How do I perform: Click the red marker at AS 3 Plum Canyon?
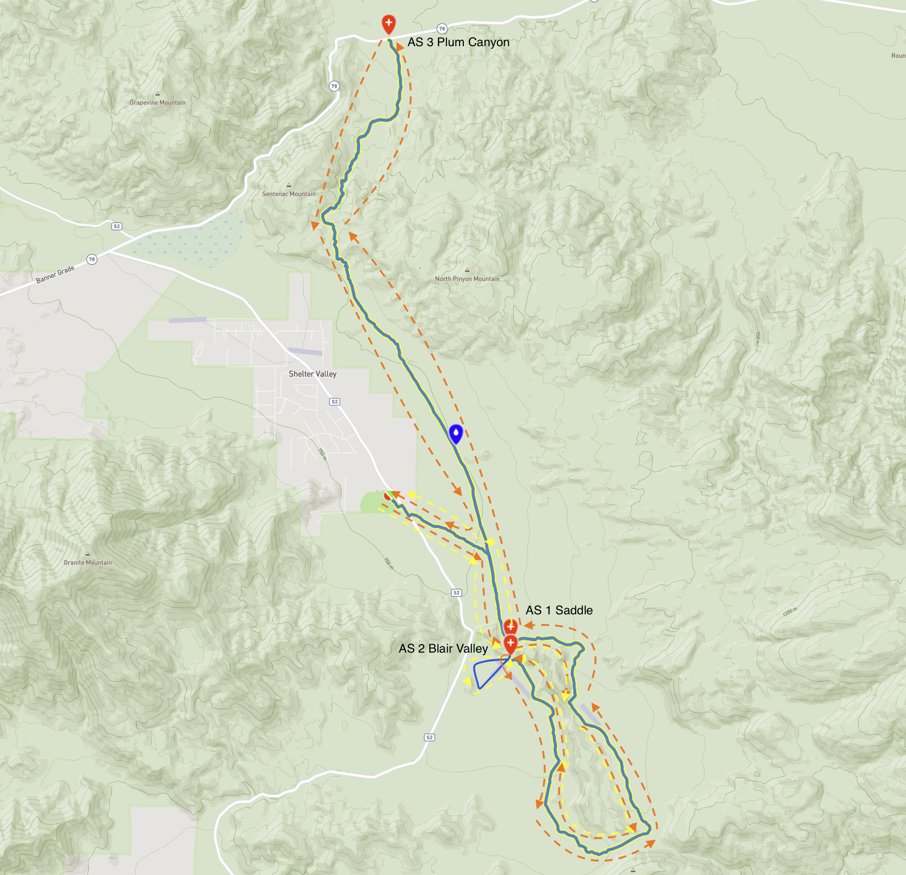click(x=389, y=24)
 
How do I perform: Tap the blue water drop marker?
click(x=455, y=433)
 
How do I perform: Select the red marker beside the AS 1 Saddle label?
click(x=511, y=625)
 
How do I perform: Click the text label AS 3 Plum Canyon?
click(x=458, y=43)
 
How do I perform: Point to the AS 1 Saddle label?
click(x=559, y=610)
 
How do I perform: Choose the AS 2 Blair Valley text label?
click(x=443, y=648)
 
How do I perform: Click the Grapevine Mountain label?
click(x=157, y=103)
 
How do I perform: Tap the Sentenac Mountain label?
click(x=288, y=194)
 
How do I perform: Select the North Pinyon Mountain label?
click(x=467, y=279)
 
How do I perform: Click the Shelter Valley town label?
click(x=312, y=374)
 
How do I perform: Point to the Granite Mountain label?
click(x=87, y=563)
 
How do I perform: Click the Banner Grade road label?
click(x=55, y=274)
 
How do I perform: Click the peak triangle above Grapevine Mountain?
click(x=157, y=94)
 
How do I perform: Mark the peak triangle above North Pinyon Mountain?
click(x=467, y=270)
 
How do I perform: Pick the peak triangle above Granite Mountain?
click(x=87, y=554)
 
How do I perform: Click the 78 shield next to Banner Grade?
click(x=92, y=259)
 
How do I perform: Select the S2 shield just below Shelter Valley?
click(x=335, y=402)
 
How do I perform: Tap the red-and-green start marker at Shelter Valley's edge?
click(x=389, y=496)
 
